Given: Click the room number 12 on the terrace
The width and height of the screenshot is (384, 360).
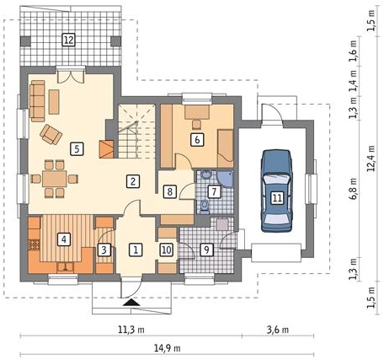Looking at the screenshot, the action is coord(69,40).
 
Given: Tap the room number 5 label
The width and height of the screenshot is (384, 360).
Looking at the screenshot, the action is coord(77,148).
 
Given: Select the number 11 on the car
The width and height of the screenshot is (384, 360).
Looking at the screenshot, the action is coord(277,198).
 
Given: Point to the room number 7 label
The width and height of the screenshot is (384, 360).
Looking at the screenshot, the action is coord(214,191).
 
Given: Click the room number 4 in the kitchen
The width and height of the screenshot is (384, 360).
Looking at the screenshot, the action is coord(64,239).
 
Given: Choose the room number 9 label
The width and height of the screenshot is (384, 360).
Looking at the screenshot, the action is coord(207,250).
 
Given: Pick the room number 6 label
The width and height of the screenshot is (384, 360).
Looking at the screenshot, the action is coord(197,139).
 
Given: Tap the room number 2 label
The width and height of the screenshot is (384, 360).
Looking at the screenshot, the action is coord(133,181).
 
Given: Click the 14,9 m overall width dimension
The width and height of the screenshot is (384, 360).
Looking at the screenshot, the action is coord(167,348).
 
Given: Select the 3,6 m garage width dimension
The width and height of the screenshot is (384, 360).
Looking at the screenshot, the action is coord(278,330).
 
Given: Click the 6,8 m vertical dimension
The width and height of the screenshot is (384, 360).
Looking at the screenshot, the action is coord(353,189).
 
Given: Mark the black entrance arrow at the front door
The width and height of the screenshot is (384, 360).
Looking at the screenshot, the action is coord(131,303).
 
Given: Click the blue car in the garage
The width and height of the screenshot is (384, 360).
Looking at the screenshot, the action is coord(277,191).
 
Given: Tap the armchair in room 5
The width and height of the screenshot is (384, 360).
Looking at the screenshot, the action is coord(51,134).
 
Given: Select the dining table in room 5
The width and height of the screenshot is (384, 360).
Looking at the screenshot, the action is coord(55,179).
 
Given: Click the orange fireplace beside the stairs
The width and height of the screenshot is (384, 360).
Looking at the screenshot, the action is coord(106,149).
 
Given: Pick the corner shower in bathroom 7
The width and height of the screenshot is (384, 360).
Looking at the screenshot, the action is coord(226,179).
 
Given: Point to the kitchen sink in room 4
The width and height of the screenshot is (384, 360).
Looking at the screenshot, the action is coord(65,267).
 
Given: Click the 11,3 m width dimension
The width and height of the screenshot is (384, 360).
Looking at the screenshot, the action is coord(131,330).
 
